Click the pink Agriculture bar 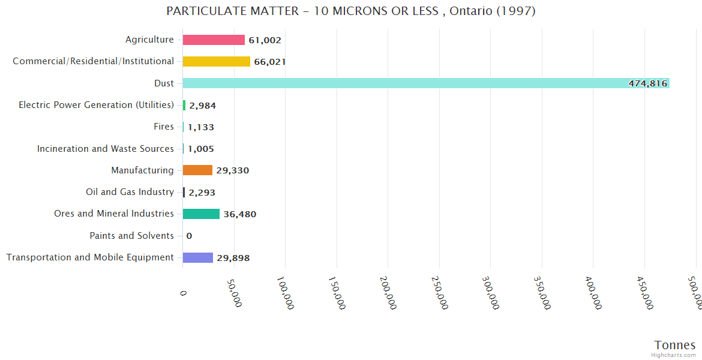214,40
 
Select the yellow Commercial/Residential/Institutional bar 216,61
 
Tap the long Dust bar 420,83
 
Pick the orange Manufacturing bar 197,170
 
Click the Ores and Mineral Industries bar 201,214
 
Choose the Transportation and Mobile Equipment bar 198,257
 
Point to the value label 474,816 647,83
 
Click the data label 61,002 265,40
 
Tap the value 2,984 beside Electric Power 202,106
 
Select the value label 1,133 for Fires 200,127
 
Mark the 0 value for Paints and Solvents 189,236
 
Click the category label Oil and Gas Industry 130,192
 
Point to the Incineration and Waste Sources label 106,149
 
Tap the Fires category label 164,127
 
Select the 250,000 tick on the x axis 439,294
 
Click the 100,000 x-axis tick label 285,294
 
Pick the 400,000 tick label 593,294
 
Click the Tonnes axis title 674,345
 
